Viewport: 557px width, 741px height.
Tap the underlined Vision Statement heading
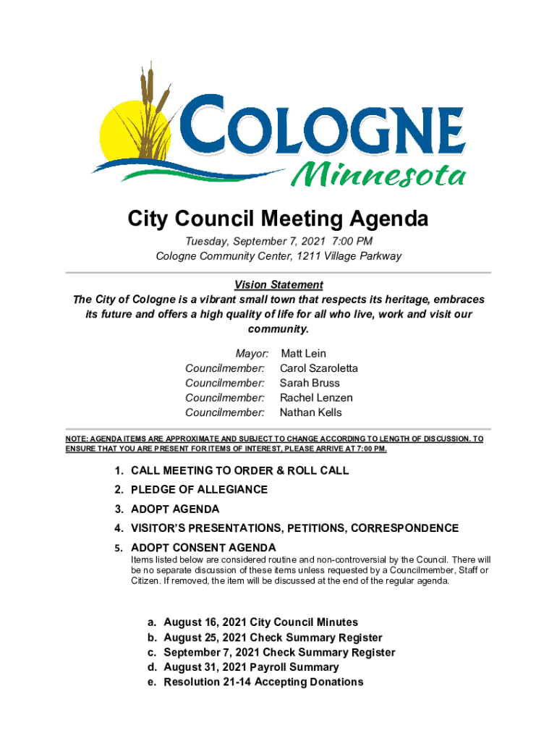(x=278, y=284)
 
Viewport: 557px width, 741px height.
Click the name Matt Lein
(x=303, y=353)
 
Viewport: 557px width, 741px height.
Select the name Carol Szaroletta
(x=318, y=368)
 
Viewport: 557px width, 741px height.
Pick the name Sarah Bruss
(x=310, y=383)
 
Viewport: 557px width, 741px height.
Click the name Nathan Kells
(x=311, y=412)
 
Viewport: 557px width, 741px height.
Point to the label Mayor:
(x=252, y=353)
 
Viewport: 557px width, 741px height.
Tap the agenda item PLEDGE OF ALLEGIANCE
(x=199, y=490)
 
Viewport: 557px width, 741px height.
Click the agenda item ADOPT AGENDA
(x=175, y=509)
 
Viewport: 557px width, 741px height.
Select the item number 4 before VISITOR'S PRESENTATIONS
(x=118, y=528)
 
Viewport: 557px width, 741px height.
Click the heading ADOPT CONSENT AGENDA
(x=203, y=547)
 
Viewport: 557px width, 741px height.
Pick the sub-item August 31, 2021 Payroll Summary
(x=251, y=667)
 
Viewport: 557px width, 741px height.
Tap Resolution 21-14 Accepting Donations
(x=263, y=682)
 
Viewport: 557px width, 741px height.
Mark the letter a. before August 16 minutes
(x=152, y=622)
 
